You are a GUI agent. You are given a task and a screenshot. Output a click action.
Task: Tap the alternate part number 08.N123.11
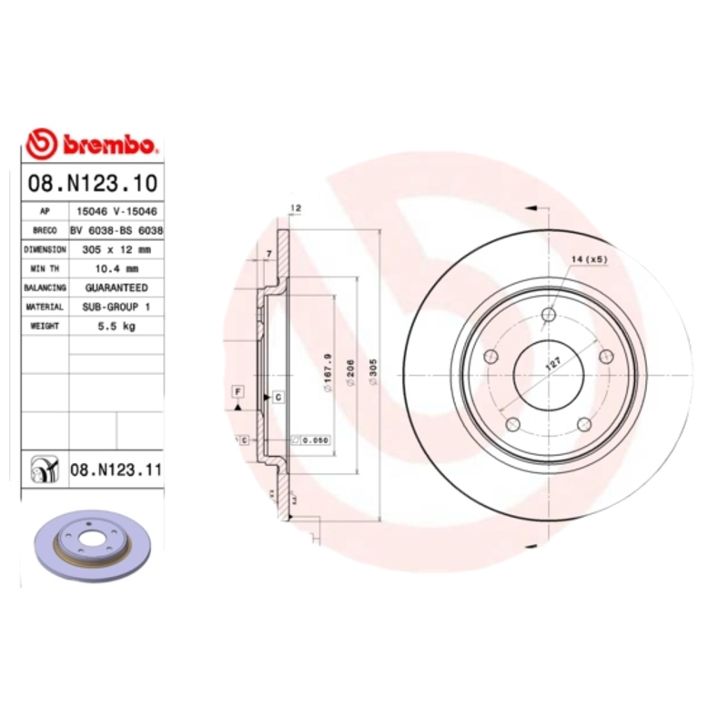(115, 470)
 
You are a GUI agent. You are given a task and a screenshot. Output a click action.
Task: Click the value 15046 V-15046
(116, 210)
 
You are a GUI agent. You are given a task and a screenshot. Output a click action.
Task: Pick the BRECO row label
(45, 230)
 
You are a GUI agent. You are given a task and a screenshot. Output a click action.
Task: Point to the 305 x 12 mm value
(116, 249)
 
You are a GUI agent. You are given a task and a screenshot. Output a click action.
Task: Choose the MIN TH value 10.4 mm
(116, 268)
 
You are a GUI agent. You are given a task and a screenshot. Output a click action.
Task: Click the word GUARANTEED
(116, 288)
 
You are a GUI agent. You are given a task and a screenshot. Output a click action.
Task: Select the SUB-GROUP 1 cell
(116, 308)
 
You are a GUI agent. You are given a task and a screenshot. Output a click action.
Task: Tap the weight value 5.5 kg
(116, 327)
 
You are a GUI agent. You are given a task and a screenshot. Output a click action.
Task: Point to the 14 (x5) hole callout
(589, 259)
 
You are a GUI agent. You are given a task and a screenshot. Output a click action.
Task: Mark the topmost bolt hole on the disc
(548, 316)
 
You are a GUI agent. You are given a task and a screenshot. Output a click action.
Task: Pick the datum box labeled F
(238, 391)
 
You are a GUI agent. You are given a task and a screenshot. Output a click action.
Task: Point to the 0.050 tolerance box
(314, 440)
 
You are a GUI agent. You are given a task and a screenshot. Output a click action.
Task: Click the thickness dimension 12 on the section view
(295, 208)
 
